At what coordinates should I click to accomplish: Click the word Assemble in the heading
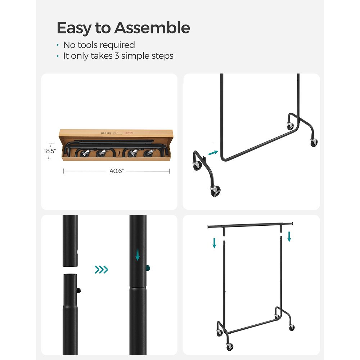[x=152, y=28]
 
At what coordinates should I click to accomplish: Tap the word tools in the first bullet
[x=87, y=45]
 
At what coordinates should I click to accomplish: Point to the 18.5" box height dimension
[x=50, y=151]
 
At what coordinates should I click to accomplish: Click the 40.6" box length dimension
[x=116, y=171]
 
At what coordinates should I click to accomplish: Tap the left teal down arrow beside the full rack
[x=214, y=243]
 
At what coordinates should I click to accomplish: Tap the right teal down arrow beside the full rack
[x=289, y=237]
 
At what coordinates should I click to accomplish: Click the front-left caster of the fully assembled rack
[x=229, y=347]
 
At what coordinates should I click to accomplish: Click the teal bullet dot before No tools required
[x=58, y=45]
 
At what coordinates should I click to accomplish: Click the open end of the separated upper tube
[x=70, y=266]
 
